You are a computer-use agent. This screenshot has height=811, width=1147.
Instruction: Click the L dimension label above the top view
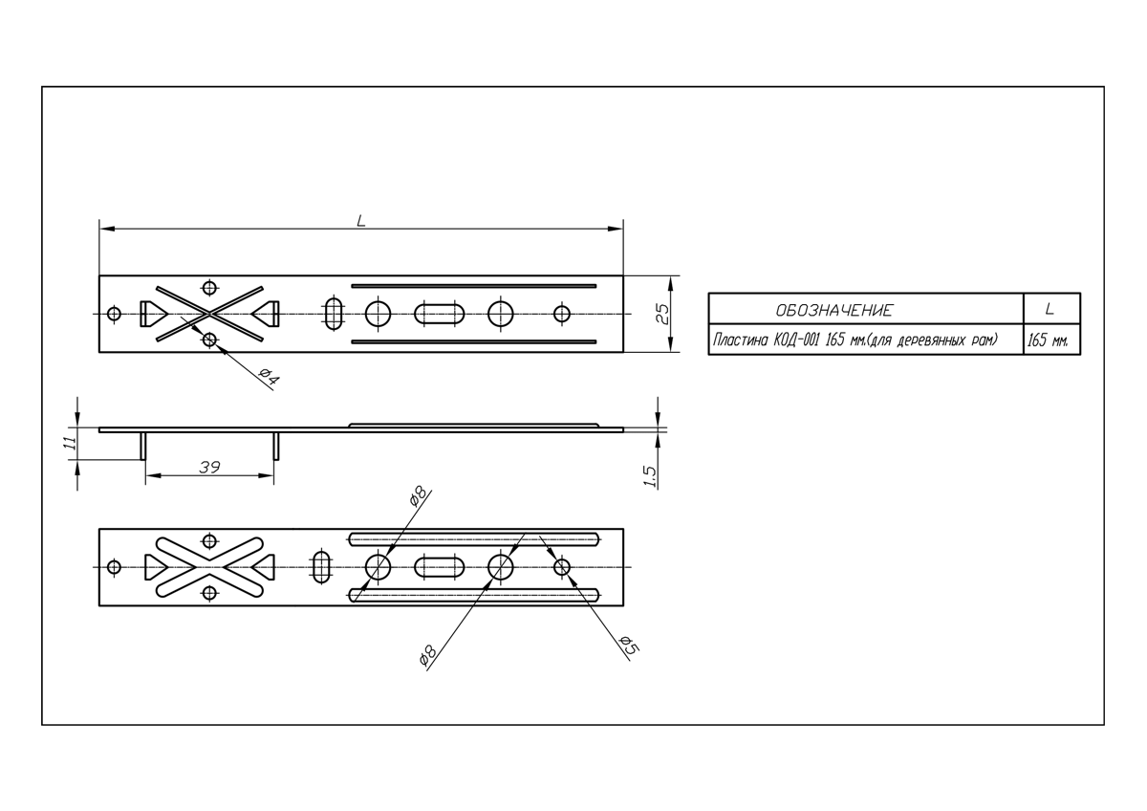point(361,221)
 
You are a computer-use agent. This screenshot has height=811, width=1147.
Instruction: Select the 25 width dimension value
point(662,314)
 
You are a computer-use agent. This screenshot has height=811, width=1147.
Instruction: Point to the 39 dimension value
point(209,468)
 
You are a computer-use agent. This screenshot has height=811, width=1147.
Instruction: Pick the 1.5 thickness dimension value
point(649,476)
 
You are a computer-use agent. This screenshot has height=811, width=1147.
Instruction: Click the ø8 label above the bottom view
point(418,496)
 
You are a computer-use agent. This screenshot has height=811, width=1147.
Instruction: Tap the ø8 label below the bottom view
point(427,656)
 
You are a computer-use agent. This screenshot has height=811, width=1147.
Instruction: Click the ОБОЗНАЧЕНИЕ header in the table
point(834,311)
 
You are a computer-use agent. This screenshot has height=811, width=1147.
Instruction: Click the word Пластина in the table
point(740,340)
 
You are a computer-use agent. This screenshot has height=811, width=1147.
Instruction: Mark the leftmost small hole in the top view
point(114,314)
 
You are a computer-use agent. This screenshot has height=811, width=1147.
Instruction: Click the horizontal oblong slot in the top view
point(440,314)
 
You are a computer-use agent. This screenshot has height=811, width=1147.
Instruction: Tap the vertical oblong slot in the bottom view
point(321,566)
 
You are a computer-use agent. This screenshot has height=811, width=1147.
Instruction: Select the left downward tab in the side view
point(143,447)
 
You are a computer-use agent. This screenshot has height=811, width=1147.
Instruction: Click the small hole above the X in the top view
point(209,288)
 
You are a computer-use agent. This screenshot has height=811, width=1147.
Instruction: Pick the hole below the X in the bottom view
point(209,593)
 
